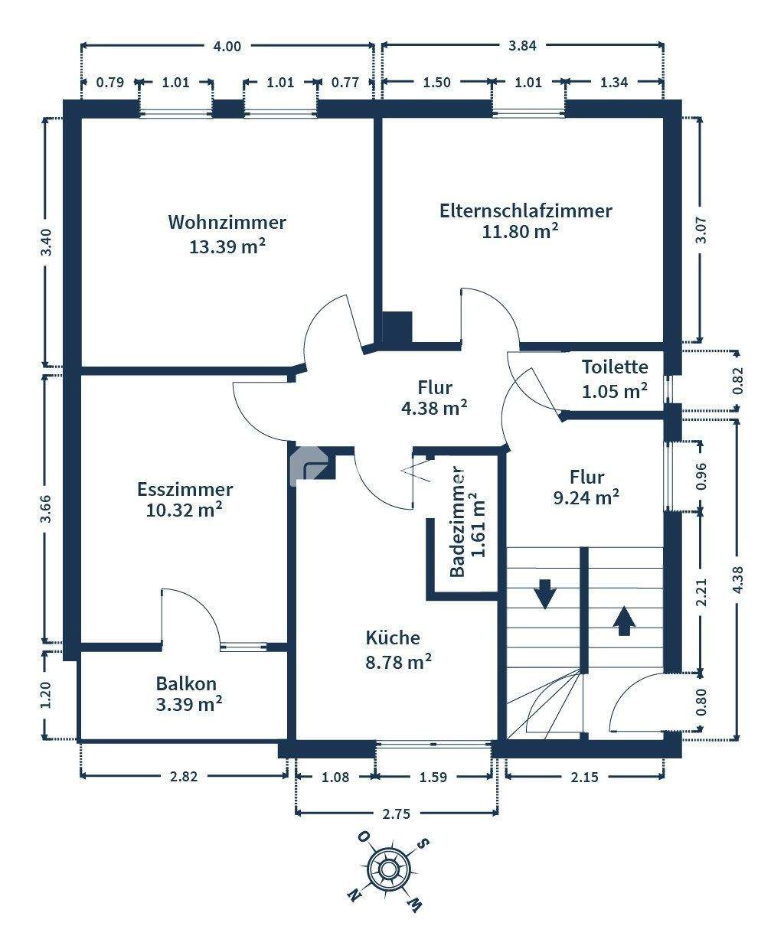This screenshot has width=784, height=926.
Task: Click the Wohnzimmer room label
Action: tap(227, 223)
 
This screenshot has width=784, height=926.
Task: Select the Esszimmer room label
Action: tap(185, 489)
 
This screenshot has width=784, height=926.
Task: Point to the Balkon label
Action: tap(186, 683)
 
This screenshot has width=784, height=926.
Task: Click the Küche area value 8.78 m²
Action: tap(398, 662)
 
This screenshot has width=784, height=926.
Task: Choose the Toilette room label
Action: tap(615, 367)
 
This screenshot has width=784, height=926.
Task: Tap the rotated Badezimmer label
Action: tap(458, 523)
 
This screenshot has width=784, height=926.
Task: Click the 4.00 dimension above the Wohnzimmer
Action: tap(227, 46)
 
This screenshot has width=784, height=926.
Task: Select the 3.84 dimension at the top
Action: tap(523, 45)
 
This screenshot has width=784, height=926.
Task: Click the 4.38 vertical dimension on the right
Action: tap(738, 579)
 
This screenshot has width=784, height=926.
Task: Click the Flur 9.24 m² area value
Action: tap(586, 497)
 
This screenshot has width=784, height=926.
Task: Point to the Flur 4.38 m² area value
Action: tap(434, 408)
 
